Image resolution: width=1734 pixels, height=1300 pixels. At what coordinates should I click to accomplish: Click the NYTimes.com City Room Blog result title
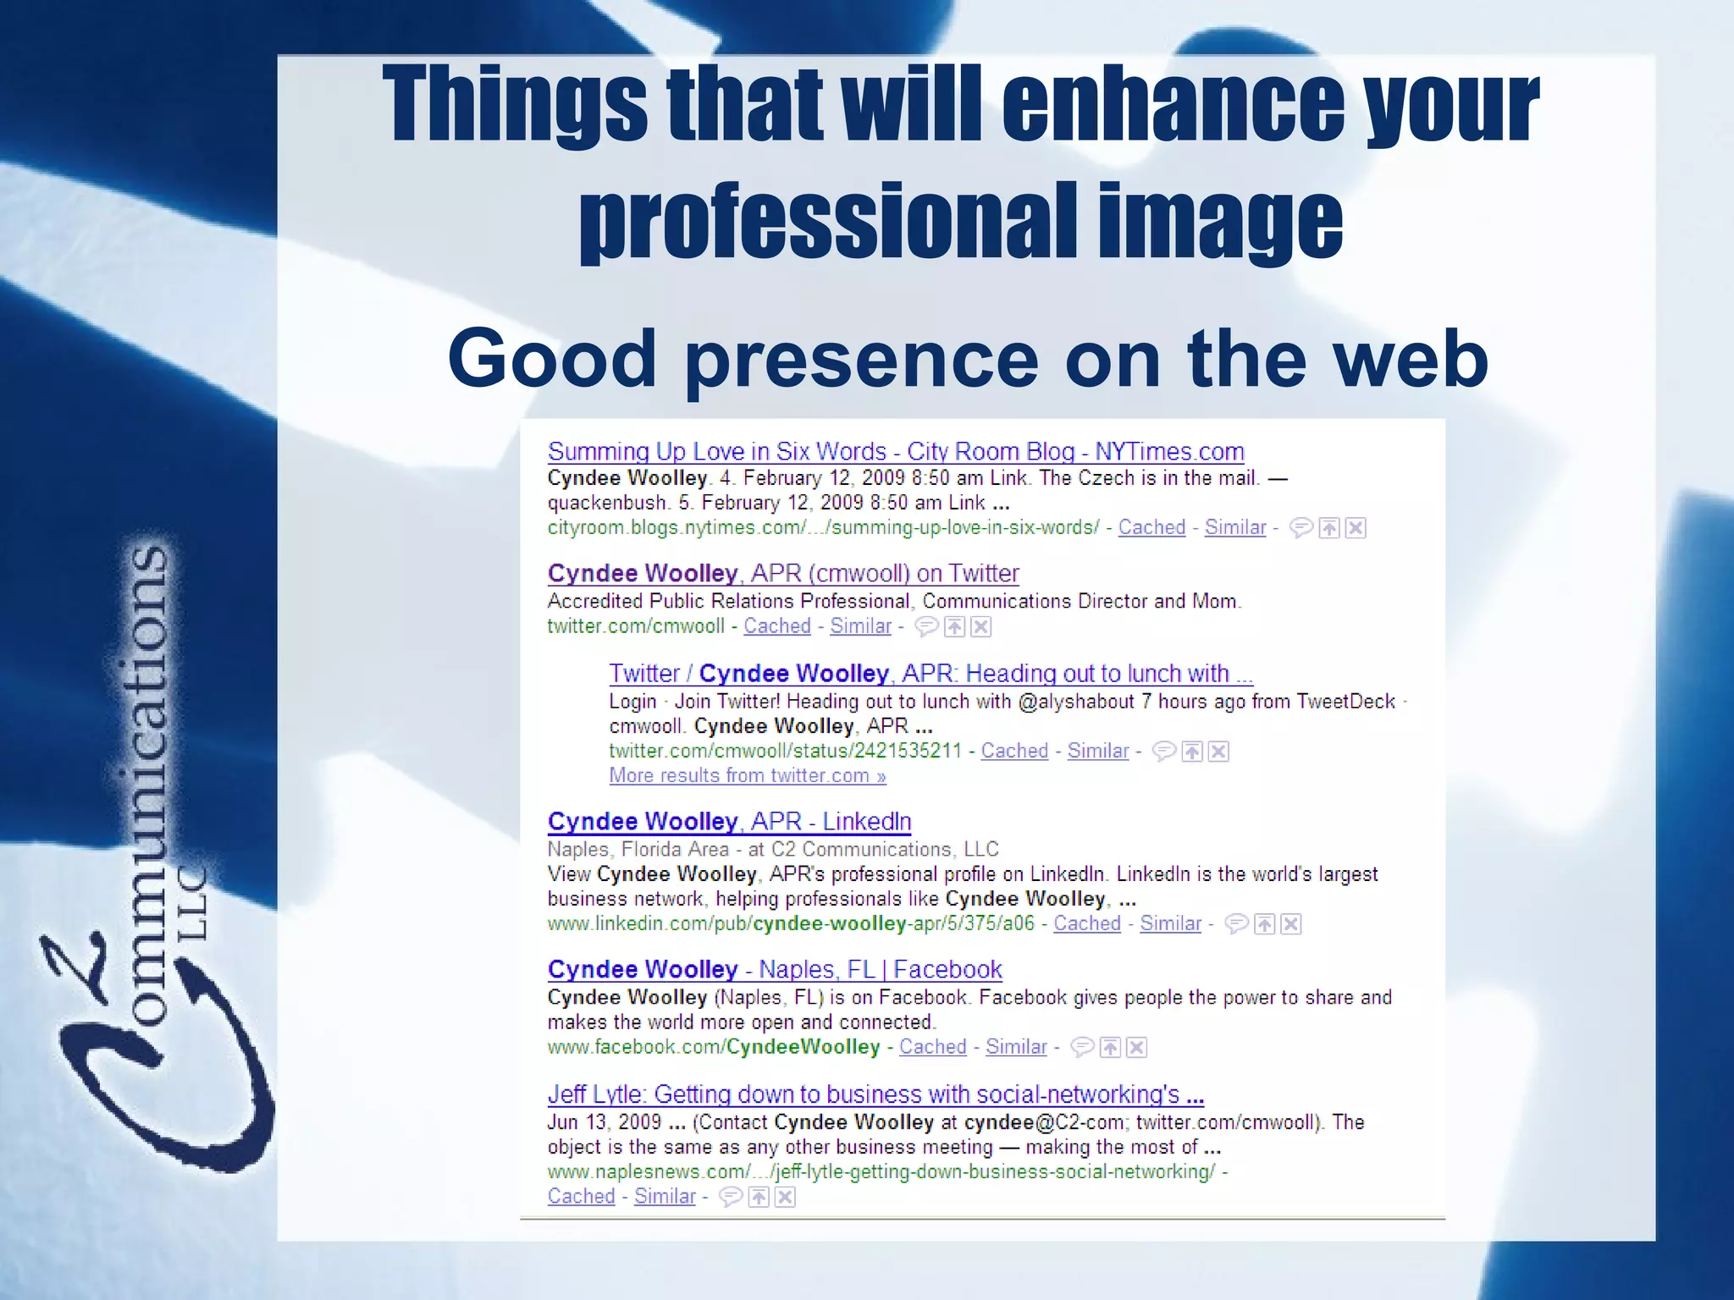tap(896, 451)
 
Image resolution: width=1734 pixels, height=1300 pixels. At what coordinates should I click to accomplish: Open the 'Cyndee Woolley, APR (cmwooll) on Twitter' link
tap(783, 573)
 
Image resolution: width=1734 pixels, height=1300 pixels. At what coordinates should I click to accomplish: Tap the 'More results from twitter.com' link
tap(748, 775)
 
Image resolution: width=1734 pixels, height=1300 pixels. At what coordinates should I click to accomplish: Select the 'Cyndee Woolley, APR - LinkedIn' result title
tap(729, 821)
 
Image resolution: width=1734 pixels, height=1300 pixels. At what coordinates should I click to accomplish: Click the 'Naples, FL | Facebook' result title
tap(775, 969)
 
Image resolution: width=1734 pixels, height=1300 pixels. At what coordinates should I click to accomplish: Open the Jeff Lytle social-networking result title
tap(875, 1094)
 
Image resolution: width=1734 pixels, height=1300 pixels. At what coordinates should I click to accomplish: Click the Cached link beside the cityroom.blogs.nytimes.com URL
tap(1151, 527)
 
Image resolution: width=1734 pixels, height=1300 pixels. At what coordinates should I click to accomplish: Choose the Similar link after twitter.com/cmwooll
tap(860, 626)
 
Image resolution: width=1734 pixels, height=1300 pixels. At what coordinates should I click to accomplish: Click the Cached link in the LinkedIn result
tap(1086, 923)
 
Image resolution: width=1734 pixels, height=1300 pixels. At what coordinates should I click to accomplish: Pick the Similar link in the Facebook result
tap(1016, 1047)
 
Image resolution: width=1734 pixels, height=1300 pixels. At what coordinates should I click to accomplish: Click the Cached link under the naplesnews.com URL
tap(581, 1196)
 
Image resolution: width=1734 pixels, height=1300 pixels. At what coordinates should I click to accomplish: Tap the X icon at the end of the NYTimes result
tap(1356, 528)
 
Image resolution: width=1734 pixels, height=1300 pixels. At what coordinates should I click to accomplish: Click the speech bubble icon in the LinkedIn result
tap(1236, 923)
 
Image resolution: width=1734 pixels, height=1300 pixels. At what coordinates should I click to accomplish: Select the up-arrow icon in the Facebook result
tap(1110, 1048)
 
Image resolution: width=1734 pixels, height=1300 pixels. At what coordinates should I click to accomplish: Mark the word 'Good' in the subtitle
tap(552, 359)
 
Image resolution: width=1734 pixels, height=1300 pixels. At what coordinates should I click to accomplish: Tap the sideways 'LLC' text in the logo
tap(194, 902)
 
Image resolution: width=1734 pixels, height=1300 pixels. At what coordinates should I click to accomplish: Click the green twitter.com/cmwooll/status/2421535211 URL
tap(785, 751)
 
